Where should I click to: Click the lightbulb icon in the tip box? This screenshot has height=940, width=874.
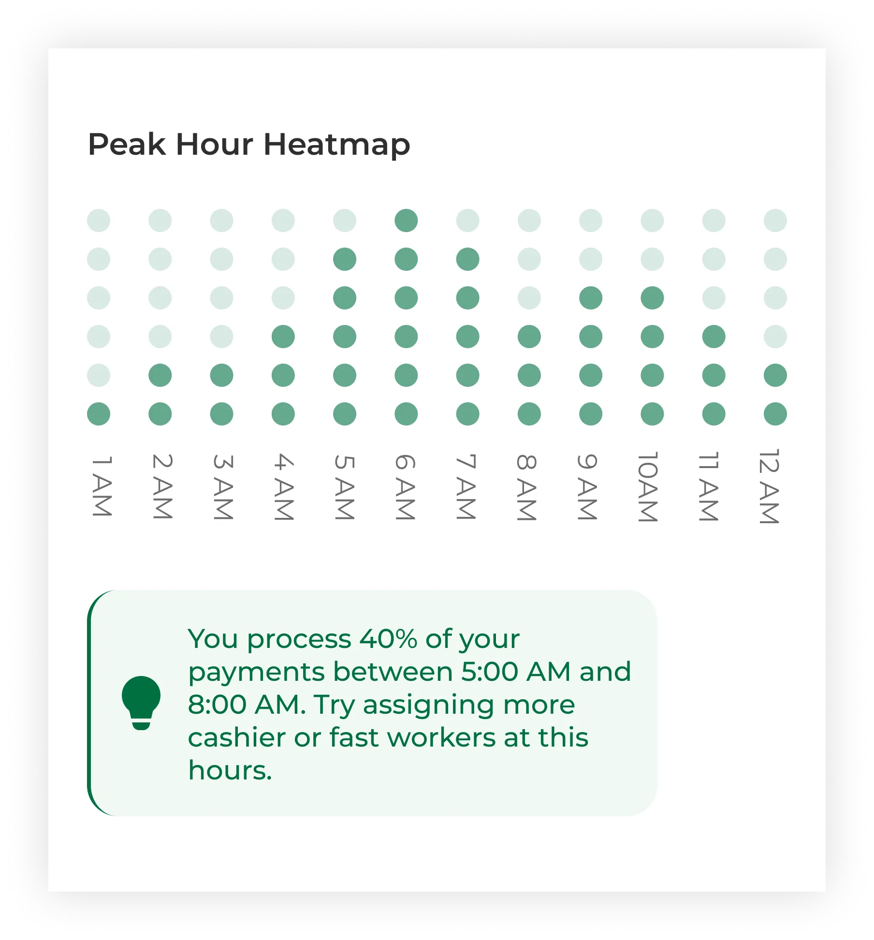[x=141, y=703]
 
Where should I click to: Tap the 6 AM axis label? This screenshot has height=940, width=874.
[x=405, y=487]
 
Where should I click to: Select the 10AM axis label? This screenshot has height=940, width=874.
[x=648, y=487]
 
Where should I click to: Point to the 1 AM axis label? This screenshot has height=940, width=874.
[x=102, y=486]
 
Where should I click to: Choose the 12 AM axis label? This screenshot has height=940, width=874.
[x=769, y=486]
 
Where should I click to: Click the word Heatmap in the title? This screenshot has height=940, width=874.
[x=337, y=145]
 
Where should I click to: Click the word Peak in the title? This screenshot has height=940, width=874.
[x=127, y=144]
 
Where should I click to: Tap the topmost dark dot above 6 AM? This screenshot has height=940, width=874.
[x=406, y=220]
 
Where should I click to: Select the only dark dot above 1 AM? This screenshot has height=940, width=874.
[x=99, y=414]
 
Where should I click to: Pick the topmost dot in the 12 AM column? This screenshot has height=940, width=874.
[x=775, y=220]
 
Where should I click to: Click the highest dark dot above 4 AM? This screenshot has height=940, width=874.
[x=283, y=337]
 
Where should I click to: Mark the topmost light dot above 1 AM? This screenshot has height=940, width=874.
[x=99, y=220]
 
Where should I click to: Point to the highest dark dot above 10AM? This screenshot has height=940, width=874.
[x=652, y=298]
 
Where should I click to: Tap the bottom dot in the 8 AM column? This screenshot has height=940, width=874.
[x=529, y=414]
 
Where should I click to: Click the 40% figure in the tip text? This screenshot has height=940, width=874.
[x=388, y=639]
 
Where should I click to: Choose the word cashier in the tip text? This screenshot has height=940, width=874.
[x=237, y=737]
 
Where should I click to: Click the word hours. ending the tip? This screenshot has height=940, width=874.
[x=230, y=770]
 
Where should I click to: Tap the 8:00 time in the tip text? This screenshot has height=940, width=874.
[x=217, y=705]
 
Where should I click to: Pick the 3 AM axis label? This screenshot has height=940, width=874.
[x=223, y=487]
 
